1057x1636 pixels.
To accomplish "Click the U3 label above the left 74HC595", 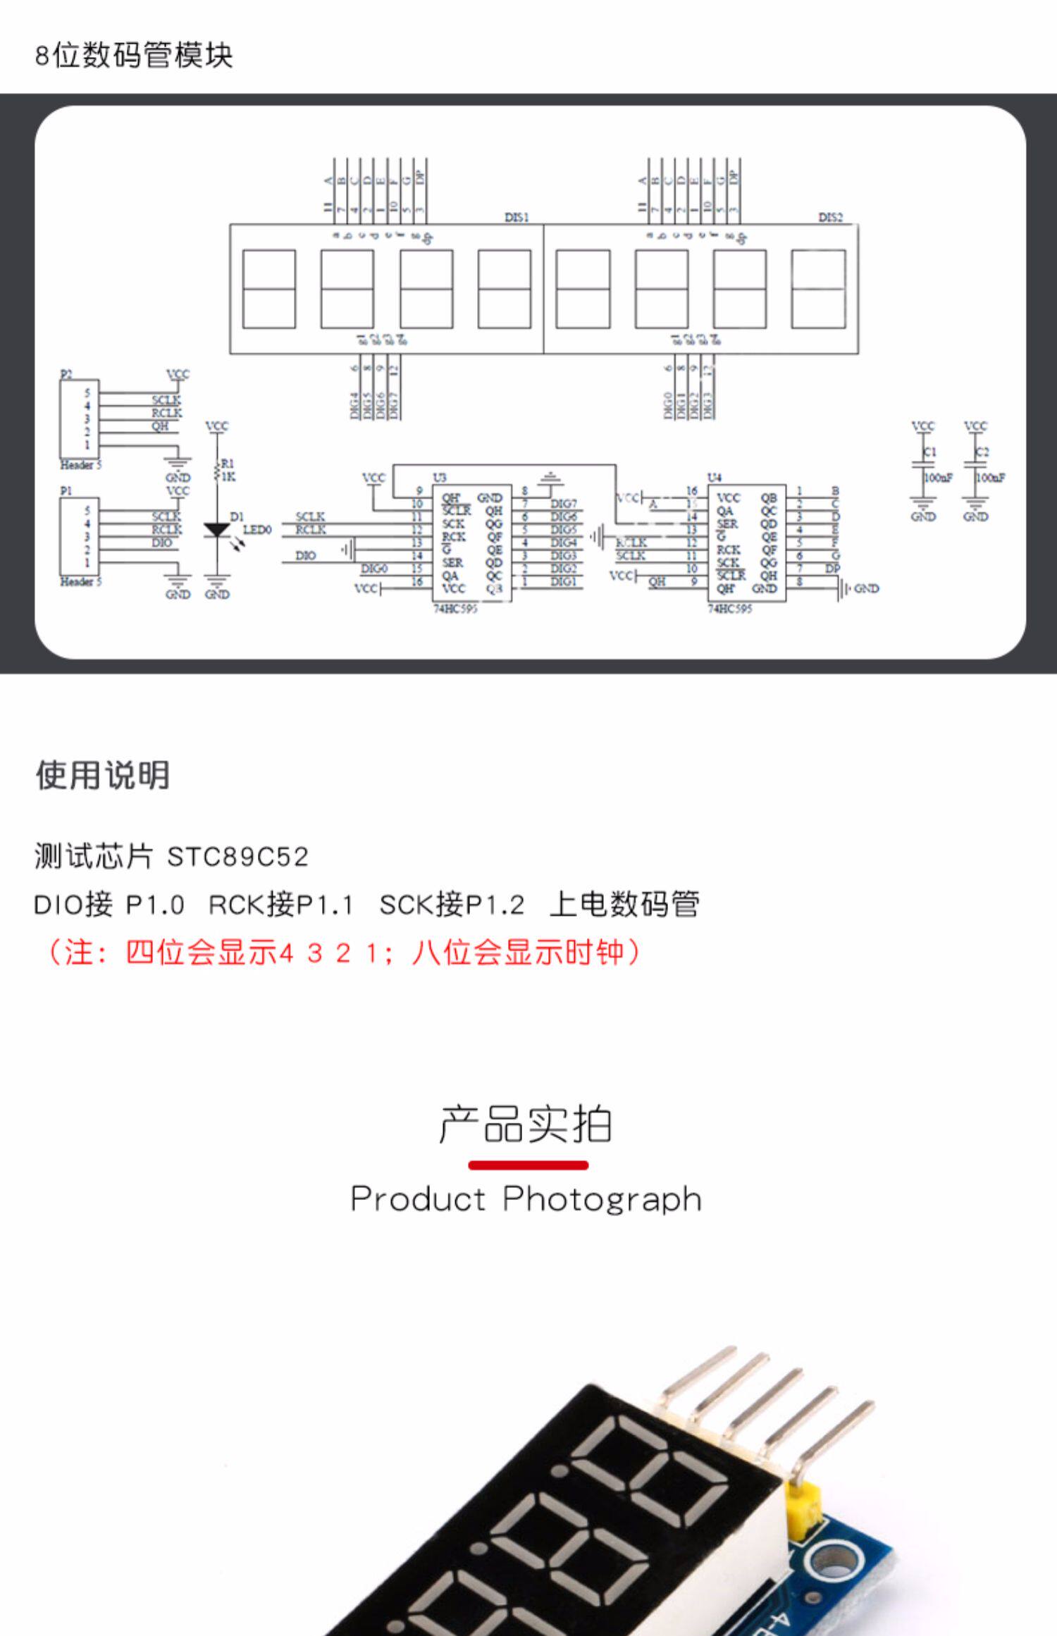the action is pos(440,478).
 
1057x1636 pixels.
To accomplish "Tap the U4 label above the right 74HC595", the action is pos(715,478).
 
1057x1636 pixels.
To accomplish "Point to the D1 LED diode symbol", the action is pos(217,530).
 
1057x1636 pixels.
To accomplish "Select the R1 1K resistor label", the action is pos(228,470).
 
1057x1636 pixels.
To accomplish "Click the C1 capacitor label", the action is pos(930,452).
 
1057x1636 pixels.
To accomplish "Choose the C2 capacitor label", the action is pos(982,452).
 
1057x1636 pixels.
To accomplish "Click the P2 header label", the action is pos(66,374).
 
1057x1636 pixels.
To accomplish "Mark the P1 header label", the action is pos(66,490).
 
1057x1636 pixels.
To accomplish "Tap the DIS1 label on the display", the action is pos(517,217).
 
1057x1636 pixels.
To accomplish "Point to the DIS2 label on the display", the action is pos(831,217).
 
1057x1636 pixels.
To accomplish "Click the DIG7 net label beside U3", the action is pos(564,504).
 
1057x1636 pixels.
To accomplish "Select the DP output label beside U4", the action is pos(833,568).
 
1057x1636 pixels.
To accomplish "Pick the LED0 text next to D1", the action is pos(257,530).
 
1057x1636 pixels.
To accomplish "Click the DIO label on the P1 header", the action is pos(162,543).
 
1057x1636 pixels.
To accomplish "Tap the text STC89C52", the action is pos(238,857).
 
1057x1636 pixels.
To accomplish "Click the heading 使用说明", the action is pos(103,775).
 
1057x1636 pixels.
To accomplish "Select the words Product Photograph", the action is pos(526,1198).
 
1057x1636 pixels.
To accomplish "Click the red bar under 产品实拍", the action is pos(528,1165).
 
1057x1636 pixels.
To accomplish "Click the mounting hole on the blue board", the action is pos(834,1560).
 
